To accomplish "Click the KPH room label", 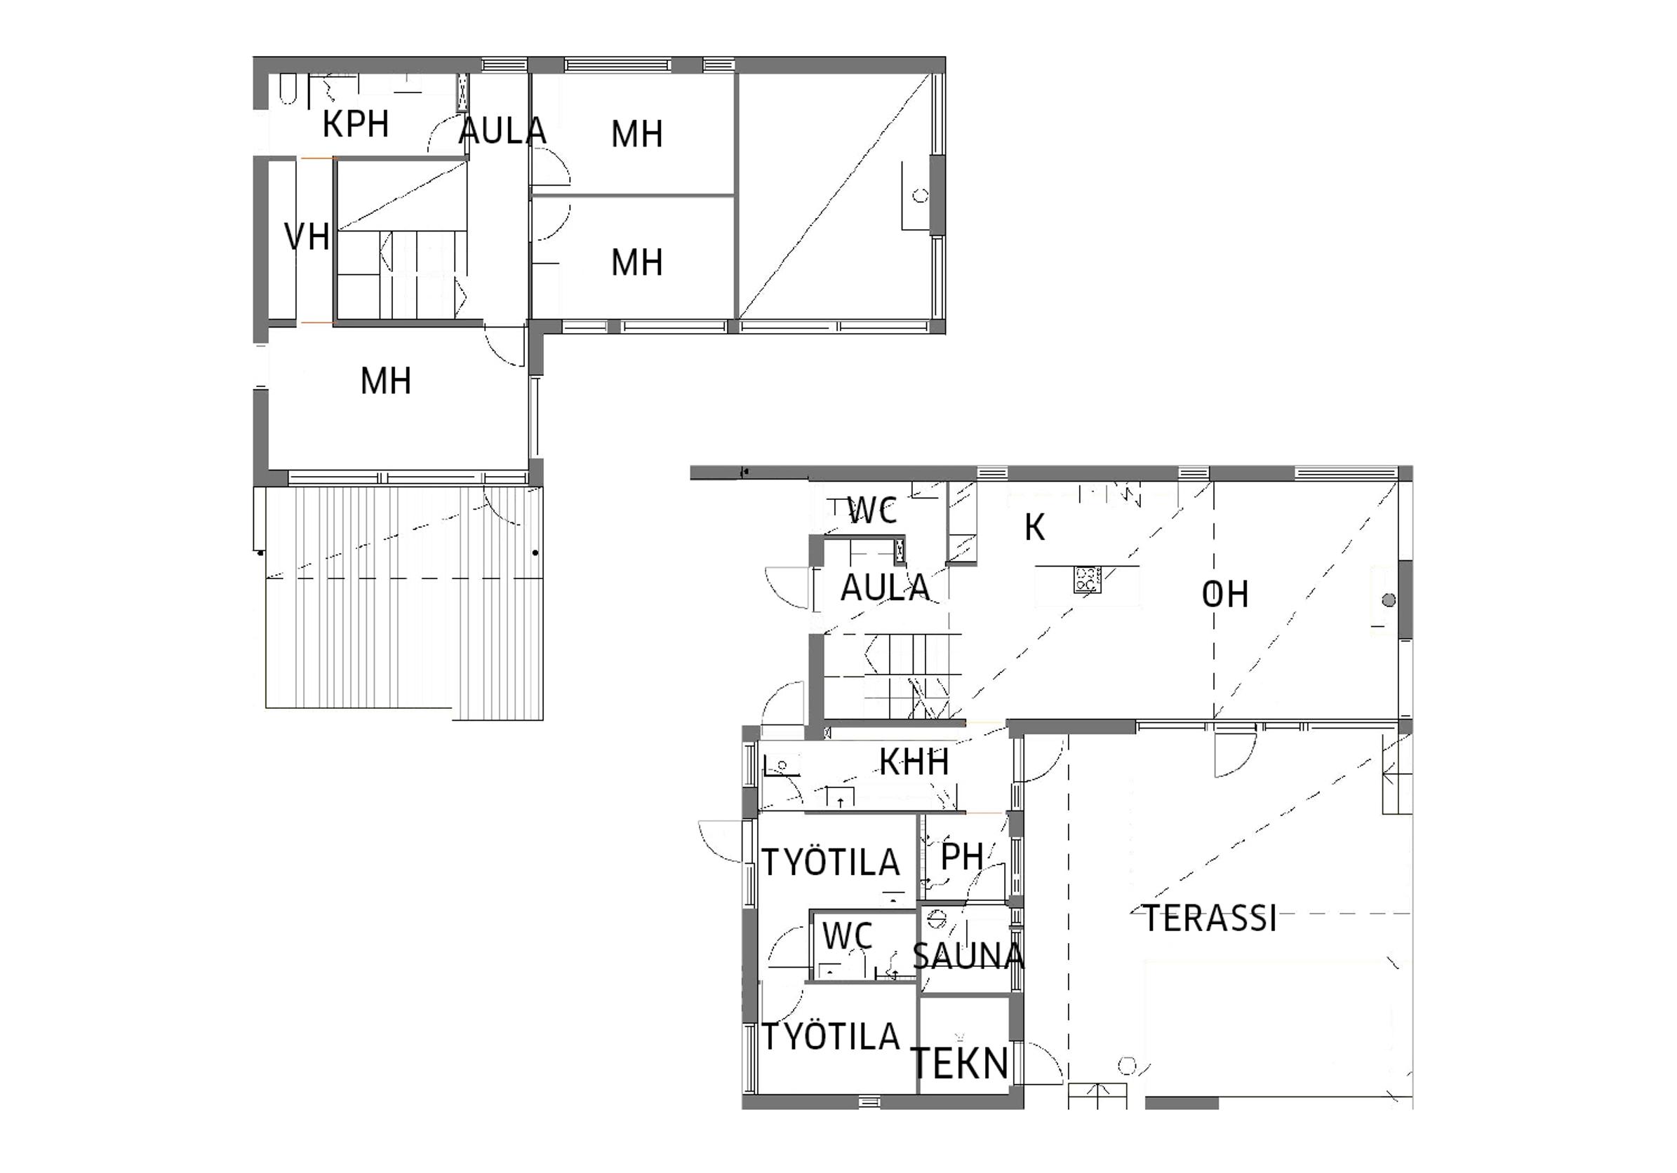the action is coord(356,124).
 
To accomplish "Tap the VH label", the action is coord(307,237).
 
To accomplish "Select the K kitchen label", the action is coord(1035,527).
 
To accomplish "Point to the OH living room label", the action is coord(1225,595).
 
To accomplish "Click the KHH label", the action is coord(914,762).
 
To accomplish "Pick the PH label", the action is coord(962,857).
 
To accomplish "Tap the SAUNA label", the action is coord(968,956).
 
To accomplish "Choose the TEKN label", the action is coord(961,1064).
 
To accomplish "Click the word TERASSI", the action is coord(1210,918).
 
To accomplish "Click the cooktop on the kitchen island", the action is coord(1086,580).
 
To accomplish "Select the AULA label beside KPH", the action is coord(503,131).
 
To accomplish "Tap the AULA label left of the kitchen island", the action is coord(886,588).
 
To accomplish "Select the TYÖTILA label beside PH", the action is coord(831,862).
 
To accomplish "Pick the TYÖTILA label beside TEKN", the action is coord(831,1036).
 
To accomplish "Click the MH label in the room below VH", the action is coord(386,381).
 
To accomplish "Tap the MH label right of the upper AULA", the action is coord(637,135).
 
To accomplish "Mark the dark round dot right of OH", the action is coord(1389,600).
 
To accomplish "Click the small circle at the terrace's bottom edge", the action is coord(1127,1066).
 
